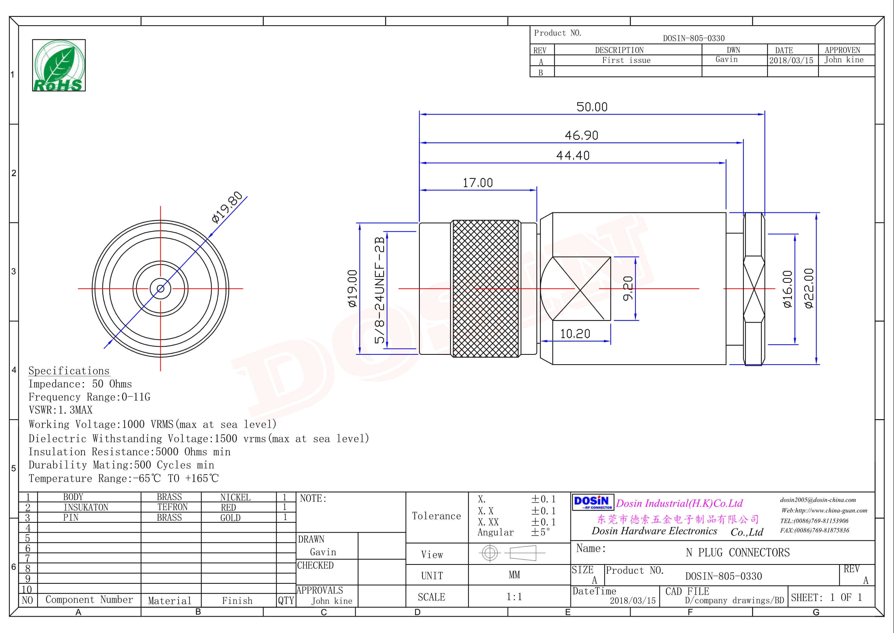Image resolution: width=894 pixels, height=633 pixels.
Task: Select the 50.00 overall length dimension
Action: (592, 107)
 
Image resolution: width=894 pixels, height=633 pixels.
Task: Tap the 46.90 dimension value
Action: (581, 135)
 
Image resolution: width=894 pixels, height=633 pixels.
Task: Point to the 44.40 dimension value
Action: (573, 155)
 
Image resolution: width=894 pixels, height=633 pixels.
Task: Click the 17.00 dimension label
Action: (478, 183)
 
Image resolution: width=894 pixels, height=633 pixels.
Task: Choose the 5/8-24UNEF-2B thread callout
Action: (379, 290)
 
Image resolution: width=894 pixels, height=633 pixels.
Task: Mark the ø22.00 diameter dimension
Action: (809, 288)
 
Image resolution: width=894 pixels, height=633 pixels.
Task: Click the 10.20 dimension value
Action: (575, 334)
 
